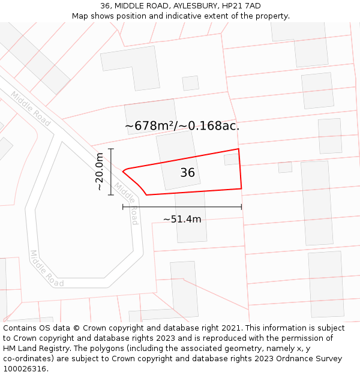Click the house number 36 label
coord(187,173)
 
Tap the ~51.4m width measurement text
coord(182,219)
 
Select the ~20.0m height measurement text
coord(100,172)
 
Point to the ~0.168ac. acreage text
coord(214,126)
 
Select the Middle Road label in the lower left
coord(47,268)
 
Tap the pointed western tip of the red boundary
coord(123,172)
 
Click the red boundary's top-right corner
coord(239,149)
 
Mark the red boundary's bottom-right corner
coord(241,188)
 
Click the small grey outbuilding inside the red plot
coord(231,159)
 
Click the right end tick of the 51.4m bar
coord(242,206)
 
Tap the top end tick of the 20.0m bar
coord(111,149)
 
